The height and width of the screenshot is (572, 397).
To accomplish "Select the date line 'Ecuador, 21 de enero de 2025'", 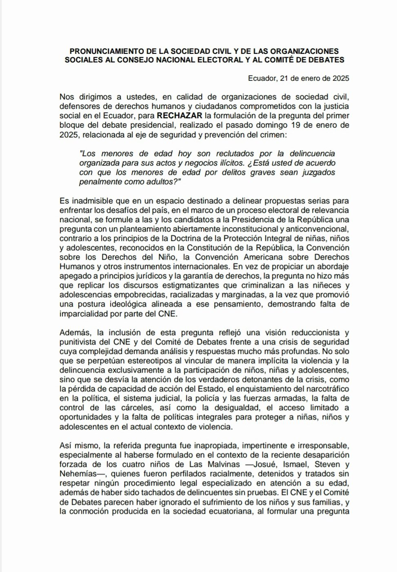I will [x=298, y=79].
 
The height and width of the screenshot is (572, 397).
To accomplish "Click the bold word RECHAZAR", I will [x=180, y=115].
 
